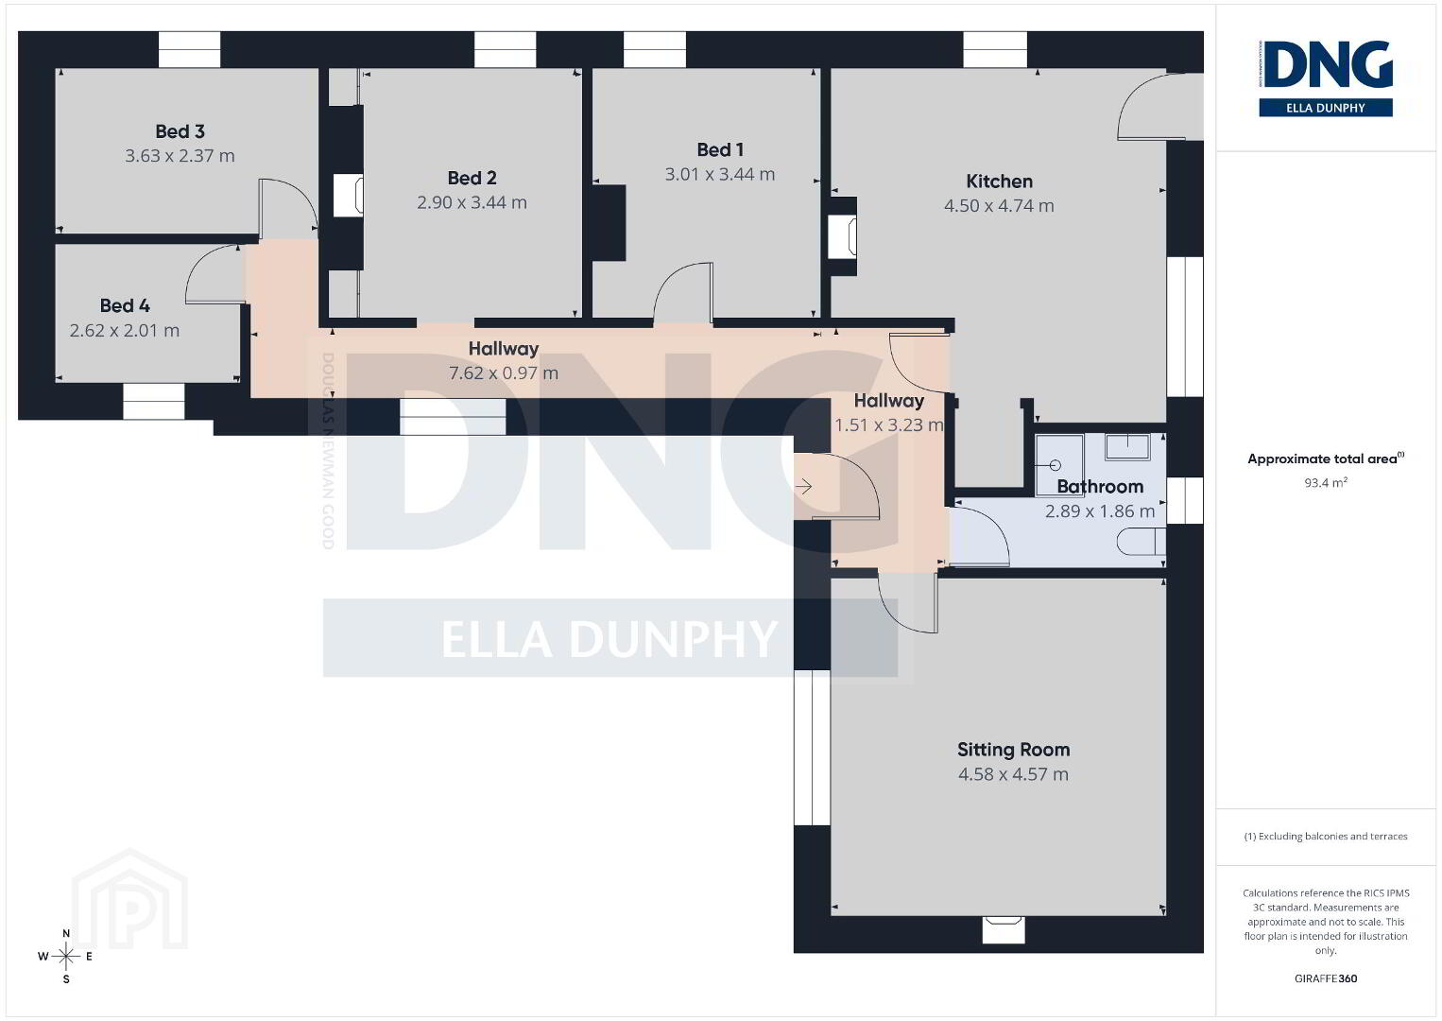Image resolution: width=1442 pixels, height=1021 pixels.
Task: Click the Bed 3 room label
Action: click(x=180, y=131)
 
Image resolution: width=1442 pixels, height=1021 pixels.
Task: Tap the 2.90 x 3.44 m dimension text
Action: click(x=472, y=202)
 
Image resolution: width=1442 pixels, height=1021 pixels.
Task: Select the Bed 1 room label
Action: click(x=720, y=149)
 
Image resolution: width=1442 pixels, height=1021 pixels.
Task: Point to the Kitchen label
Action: click(x=999, y=181)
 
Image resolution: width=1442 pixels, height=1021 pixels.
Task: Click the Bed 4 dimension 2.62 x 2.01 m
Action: click(x=124, y=331)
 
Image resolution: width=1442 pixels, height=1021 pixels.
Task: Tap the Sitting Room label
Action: click(x=1013, y=749)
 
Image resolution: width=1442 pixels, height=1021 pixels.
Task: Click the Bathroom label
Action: click(x=1100, y=486)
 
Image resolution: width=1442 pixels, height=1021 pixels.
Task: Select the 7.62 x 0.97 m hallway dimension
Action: click(x=504, y=373)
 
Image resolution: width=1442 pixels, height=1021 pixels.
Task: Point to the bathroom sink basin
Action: click(x=1127, y=446)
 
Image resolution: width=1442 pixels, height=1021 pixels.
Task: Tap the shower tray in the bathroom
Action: click(x=1059, y=464)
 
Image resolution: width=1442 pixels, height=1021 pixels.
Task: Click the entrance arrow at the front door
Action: click(x=803, y=486)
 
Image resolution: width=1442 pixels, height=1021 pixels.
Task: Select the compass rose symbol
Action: click(x=65, y=956)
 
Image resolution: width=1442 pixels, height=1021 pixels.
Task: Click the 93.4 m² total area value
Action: click(x=1326, y=482)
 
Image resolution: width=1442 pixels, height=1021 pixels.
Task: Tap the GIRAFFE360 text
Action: click(x=1326, y=978)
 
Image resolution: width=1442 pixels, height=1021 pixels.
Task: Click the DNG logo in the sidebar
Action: click(x=1326, y=78)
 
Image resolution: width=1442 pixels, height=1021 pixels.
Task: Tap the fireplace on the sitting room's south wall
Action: click(x=1003, y=929)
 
